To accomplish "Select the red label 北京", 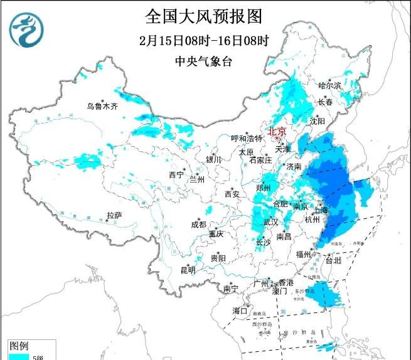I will click(x=277, y=132).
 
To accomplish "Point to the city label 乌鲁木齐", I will click(x=102, y=107).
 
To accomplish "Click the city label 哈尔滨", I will click(x=329, y=85).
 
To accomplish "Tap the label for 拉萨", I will click(x=114, y=215).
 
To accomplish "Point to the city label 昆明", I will click(x=188, y=270).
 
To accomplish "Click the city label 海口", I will click(x=240, y=310).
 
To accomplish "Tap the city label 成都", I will click(x=198, y=225).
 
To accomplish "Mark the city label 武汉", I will click(x=270, y=223).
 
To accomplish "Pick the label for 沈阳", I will click(x=317, y=120).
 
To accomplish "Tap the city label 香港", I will click(x=287, y=283).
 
